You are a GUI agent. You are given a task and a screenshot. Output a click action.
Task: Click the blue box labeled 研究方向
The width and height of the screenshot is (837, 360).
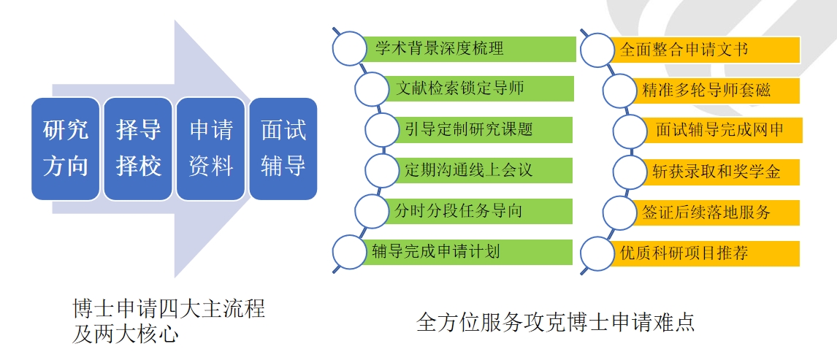66,149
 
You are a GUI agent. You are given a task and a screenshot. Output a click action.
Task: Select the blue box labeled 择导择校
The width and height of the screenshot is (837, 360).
138,149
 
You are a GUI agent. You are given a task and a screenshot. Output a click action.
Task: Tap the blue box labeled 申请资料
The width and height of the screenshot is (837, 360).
210,149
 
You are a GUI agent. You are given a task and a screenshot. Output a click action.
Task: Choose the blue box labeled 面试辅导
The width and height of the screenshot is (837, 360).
283,149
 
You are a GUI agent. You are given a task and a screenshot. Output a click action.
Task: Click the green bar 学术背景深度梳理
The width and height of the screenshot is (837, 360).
467,50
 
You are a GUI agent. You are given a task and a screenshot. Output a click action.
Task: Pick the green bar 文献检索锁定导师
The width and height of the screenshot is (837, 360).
478,89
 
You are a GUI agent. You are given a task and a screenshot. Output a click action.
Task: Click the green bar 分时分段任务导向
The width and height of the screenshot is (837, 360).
478,212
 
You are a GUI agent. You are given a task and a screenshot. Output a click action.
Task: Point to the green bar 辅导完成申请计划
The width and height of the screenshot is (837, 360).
467,252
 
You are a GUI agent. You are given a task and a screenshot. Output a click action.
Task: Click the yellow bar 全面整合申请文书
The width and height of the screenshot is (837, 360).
701,50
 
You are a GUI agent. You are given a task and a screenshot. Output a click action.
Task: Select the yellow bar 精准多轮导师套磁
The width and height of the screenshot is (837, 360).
712,91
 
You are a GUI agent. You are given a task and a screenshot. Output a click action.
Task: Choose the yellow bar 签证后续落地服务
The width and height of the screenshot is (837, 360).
712,212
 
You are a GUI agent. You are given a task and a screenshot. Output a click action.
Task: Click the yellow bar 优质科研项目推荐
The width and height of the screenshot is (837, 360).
701,253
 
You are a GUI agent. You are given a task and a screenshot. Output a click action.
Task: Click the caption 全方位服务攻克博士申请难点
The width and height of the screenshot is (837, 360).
555,321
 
